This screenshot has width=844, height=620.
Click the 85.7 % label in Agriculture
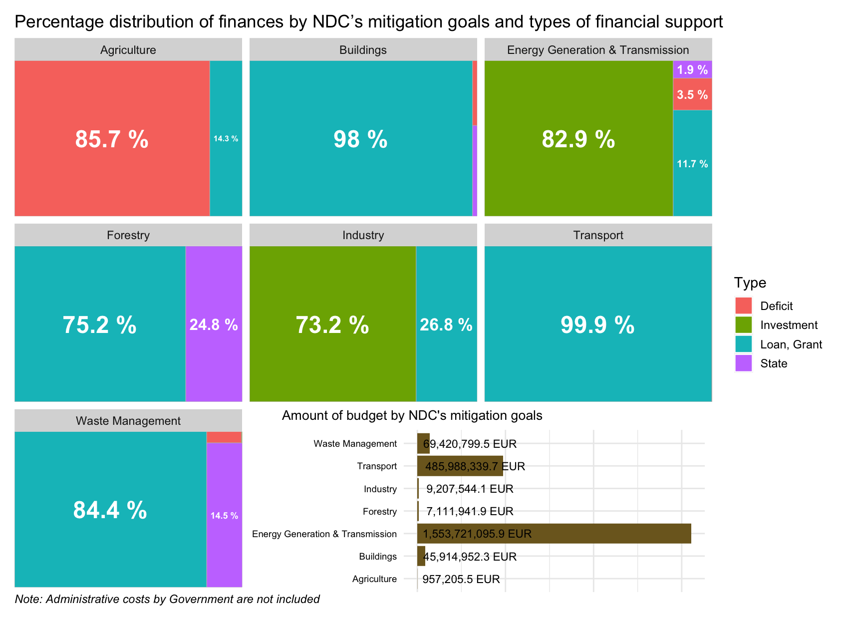112,139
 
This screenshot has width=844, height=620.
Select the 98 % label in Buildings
360,139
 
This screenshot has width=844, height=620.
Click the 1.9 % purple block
692,70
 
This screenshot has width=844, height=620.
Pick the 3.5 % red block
692,94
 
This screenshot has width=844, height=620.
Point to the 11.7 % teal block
692,164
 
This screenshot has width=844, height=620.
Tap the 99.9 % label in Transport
597,325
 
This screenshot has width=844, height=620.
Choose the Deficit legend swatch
744,306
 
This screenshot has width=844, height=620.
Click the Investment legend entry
789,325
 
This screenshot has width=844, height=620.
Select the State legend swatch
744,363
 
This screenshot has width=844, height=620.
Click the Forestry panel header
128,235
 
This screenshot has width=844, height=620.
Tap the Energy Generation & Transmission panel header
598,50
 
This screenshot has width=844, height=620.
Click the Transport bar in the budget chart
460,466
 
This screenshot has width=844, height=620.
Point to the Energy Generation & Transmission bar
554,534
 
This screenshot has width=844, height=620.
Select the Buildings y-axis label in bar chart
378,557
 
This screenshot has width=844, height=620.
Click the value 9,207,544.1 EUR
470,489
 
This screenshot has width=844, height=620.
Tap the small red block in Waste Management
224,437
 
